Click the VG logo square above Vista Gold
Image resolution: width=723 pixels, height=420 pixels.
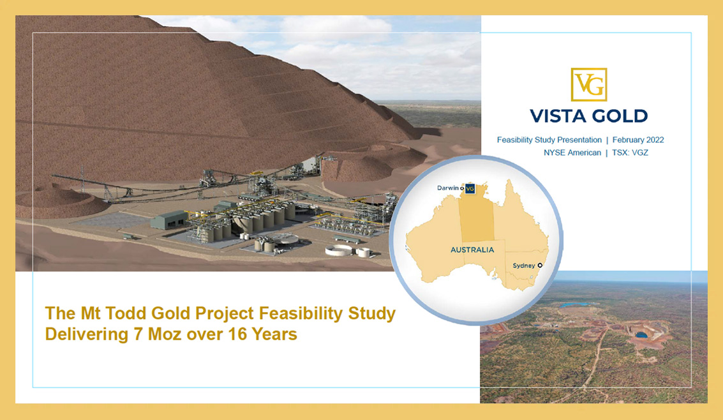click(589, 84)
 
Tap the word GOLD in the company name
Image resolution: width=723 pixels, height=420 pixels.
click(618, 116)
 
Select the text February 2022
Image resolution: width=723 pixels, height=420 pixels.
click(638, 140)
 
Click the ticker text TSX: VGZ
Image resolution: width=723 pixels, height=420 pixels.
click(630, 153)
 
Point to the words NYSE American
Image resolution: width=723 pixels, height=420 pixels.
click(572, 153)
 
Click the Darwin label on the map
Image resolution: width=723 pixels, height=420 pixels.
click(448, 188)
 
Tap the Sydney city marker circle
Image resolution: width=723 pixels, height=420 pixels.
click(540, 265)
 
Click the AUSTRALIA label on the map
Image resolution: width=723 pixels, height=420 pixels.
click(472, 250)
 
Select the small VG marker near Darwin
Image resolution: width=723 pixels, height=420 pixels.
click(470, 188)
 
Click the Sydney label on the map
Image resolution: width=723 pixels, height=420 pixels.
click(524, 266)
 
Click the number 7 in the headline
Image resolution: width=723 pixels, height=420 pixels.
click(138, 334)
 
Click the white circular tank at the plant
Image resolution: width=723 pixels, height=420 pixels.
click(339, 250)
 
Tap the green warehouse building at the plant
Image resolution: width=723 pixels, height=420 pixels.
click(168, 220)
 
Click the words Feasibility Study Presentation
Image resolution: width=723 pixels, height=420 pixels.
click(549, 140)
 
